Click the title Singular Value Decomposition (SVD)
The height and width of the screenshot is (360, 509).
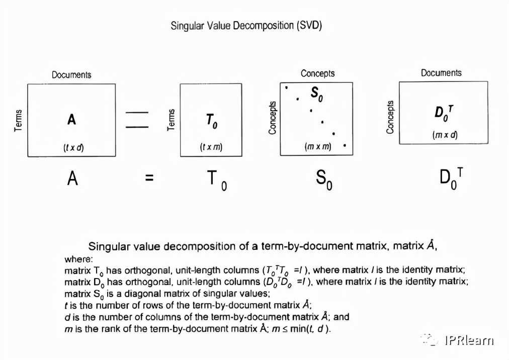pos(246,25)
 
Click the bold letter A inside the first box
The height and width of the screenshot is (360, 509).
pos(71,120)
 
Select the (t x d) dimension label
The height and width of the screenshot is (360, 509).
pos(73,148)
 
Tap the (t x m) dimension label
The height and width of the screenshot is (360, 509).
pos(211,147)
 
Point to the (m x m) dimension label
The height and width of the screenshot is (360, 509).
pos(318,146)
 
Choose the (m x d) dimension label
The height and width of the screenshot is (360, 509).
pos(445,135)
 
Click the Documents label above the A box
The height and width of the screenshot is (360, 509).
pos(71,74)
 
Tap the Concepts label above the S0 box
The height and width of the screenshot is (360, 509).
pos(317,73)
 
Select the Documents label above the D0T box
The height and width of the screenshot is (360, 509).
pos(441,73)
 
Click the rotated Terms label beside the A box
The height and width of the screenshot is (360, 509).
pos(18,121)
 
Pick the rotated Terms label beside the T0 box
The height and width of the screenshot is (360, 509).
pos(171,120)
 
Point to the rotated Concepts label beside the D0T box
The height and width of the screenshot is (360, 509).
pos(390,117)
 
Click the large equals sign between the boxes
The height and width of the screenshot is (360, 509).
pos(137,120)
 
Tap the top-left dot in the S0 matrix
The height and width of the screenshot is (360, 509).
pos(286,87)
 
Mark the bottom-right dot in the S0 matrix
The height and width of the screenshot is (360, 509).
pos(345,145)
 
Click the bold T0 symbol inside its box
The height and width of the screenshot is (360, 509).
pos(212,121)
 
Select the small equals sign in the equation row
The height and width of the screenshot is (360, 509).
pos(149,177)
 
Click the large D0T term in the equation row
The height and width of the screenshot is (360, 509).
pos(451,178)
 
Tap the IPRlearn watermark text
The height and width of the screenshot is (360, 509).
pos(469,340)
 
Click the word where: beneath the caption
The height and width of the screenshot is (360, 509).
pos(78,259)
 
